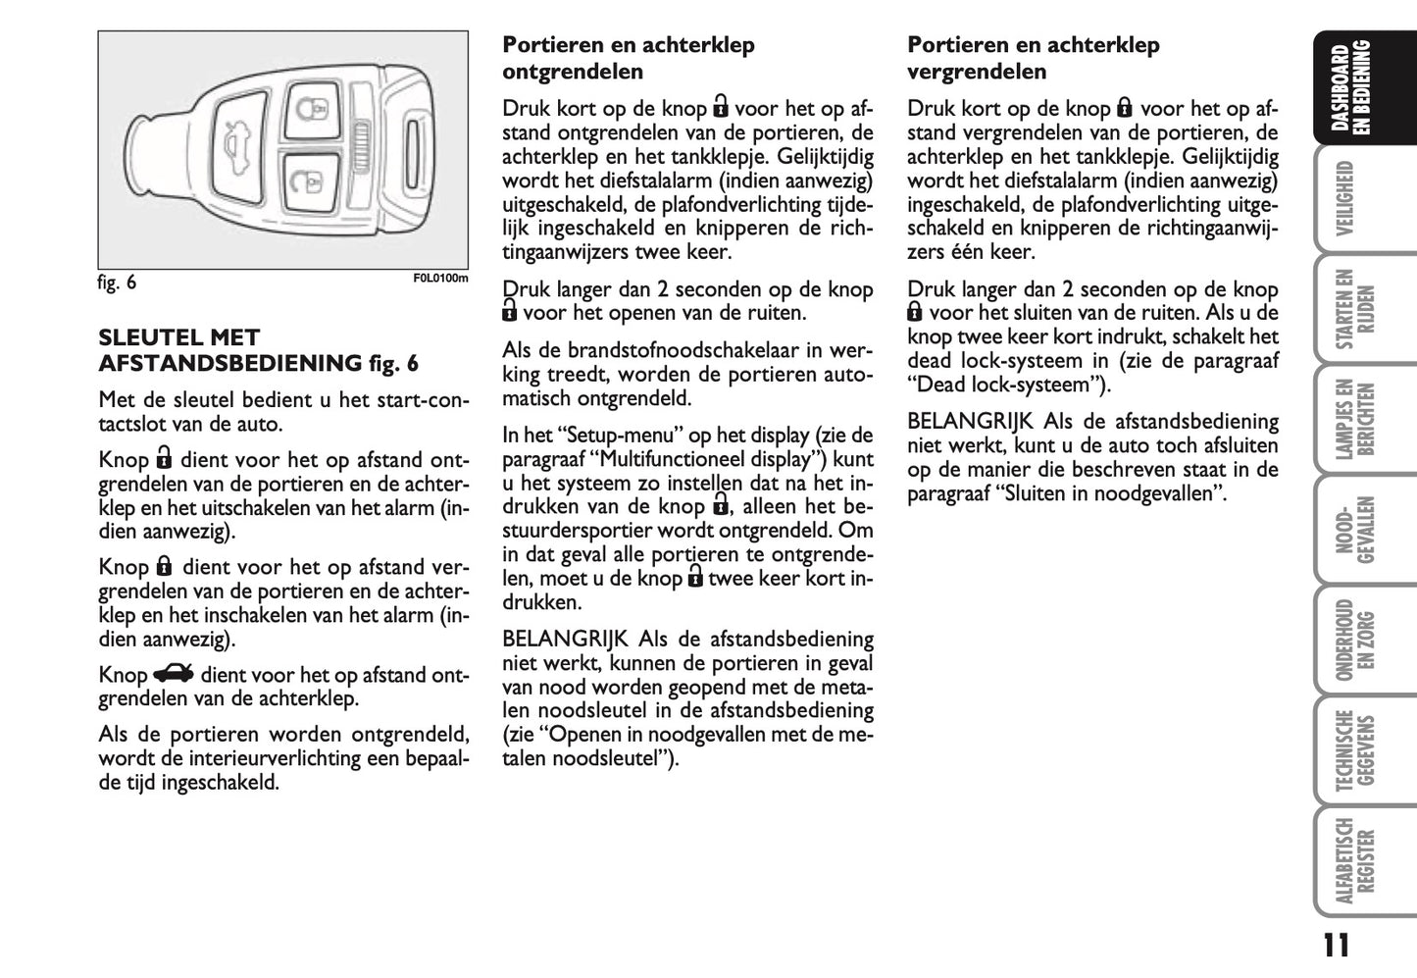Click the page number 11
click(1335, 945)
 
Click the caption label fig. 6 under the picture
click(117, 283)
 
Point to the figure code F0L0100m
click(440, 279)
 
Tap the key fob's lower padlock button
click(307, 182)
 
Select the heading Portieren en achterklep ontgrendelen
click(628, 58)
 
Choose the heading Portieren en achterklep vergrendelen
click(1033, 58)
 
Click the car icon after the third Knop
click(174, 674)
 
